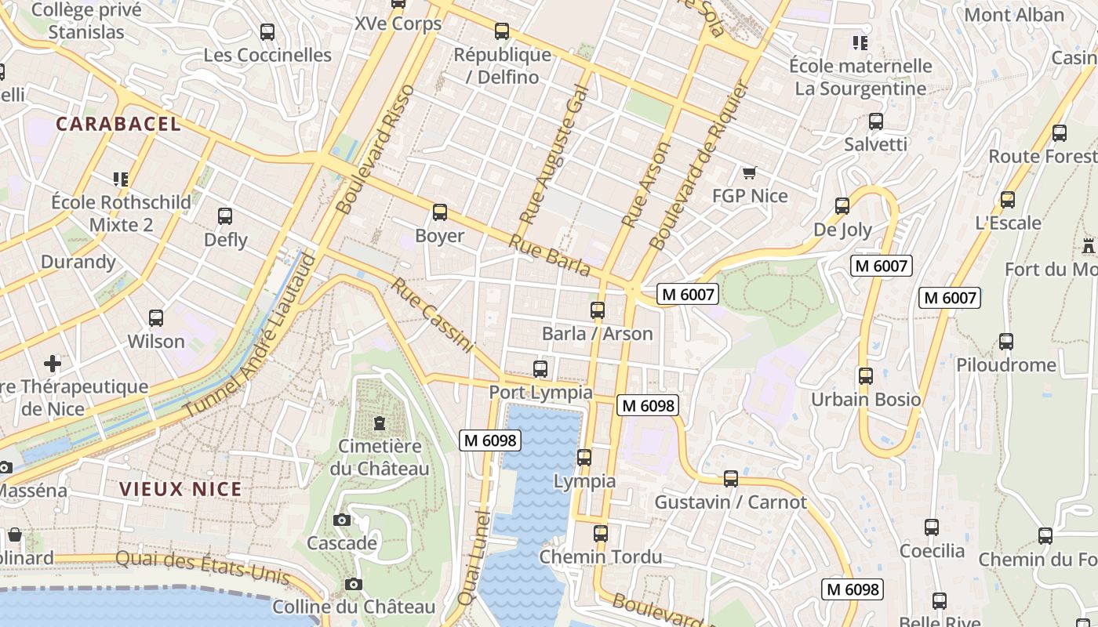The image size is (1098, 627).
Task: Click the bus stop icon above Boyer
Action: point(440,212)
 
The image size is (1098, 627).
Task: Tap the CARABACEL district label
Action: point(118,124)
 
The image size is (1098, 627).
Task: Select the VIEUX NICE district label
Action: point(180,490)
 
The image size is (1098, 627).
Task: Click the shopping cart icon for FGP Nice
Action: point(749,172)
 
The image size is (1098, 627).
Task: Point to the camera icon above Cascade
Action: point(341,520)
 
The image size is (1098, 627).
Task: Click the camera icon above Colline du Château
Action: point(354,584)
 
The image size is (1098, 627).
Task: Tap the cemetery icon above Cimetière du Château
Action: point(380,424)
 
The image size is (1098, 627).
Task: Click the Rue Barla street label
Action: point(549,255)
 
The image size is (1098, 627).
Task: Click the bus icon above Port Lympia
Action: point(540,369)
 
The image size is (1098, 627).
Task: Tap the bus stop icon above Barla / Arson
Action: point(598,310)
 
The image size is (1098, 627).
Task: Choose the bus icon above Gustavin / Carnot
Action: point(731,479)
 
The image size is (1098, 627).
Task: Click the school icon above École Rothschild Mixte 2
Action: point(121,179)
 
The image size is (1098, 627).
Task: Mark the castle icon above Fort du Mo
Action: point(1088,246)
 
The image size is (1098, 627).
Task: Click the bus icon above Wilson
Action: point(156,318)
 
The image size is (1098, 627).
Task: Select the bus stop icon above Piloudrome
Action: point(1006,342)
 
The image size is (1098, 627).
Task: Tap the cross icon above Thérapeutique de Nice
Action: point(53,364)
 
